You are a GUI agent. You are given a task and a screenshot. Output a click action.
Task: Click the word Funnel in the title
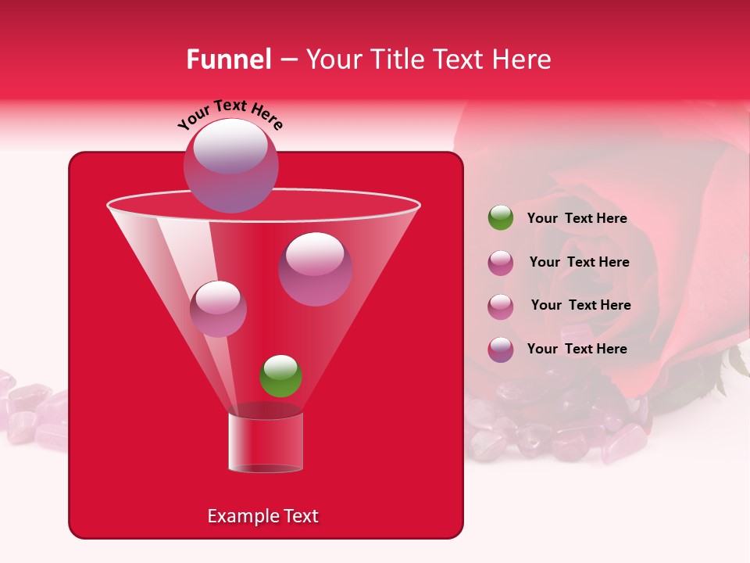click(228, 59)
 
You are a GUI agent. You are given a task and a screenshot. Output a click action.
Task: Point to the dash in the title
click(287, 60)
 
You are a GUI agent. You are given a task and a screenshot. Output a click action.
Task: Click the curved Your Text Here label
click(230, 113)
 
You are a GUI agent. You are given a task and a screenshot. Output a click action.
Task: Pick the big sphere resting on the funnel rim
click(231, 166)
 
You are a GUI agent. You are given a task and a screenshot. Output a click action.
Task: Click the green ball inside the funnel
click(280, 375)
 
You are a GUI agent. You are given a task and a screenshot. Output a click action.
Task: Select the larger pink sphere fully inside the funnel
click(315, 269)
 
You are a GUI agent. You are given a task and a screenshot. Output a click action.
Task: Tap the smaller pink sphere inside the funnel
click(218, 309)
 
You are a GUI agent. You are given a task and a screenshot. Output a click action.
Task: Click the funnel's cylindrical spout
click(265, 443)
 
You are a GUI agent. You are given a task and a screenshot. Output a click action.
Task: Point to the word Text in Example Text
click(299, 516)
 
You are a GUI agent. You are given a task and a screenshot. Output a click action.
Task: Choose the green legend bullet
click(501, 218)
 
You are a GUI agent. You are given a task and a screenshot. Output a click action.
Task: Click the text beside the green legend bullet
click(577, 219)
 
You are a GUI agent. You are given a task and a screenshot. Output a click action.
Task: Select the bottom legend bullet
click(501, 350)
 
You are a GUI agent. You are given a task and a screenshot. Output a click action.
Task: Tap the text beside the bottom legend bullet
click(577, 349)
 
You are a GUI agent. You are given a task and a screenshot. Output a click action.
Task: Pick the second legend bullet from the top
click(501, 263)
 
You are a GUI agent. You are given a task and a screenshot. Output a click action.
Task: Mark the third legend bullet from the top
click(501, 306)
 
